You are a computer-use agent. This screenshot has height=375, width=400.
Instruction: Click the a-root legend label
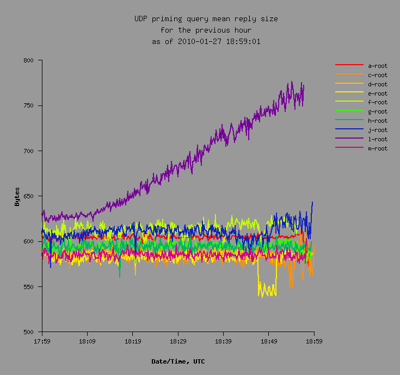coord(378,66)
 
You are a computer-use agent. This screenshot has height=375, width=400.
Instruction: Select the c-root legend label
coord(378,75)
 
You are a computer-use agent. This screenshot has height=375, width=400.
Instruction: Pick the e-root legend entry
coord(378,93)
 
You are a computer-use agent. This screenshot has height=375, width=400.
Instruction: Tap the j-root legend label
coord(378,130)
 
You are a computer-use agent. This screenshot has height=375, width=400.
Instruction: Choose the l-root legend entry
coord(378,139)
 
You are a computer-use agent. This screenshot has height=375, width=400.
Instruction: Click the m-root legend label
coord(378,148)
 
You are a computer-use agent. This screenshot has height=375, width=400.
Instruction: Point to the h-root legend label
coord(378,121)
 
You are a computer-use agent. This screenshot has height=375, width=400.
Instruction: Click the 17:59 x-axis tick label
coord(42,341)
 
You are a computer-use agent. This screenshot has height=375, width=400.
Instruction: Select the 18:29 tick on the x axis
coord(178,341)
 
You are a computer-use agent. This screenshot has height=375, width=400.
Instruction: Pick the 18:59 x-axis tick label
coord(313,341)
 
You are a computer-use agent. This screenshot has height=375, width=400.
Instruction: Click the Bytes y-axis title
coord(17,196)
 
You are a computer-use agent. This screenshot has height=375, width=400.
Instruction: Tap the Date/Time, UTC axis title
coord(178,361)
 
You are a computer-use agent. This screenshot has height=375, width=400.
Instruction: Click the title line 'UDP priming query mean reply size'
coord(206,19)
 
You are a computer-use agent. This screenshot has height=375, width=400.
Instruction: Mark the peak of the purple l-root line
coord(292,82)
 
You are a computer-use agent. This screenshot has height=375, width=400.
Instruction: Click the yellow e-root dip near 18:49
coord(267,293)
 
